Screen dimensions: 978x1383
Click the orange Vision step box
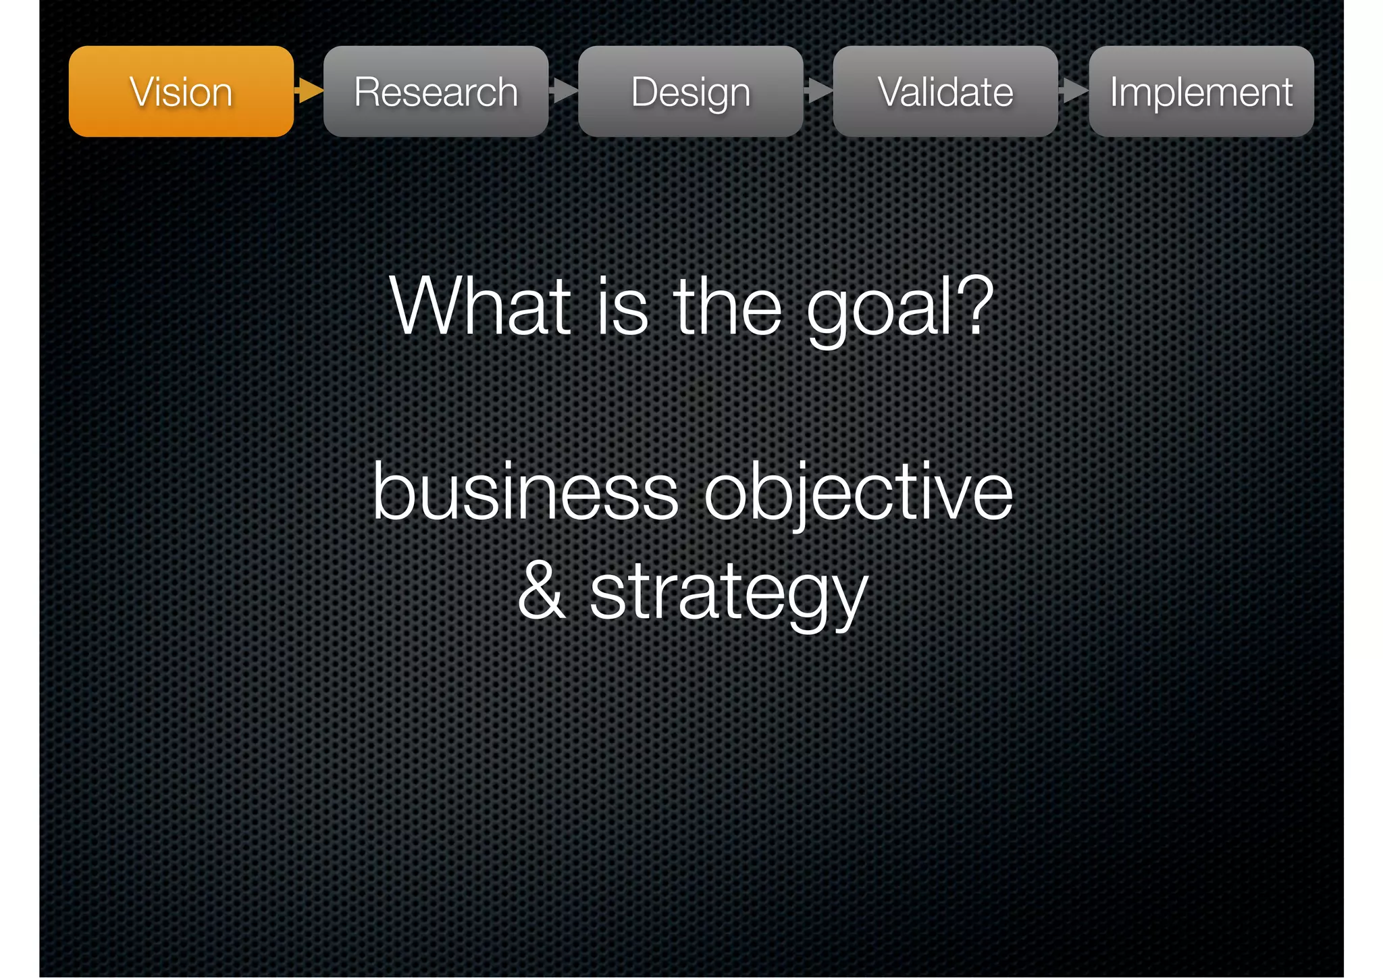(181, 91)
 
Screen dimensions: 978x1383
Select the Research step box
(436, 91)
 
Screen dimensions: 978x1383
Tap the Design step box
(690, 91)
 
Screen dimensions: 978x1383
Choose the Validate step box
(945, 91)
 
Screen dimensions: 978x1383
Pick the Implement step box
(1201, 91)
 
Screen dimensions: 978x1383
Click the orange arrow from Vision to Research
(309, 91)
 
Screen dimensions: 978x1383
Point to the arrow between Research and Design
(564, 91)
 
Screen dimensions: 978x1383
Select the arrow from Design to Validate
(818, 91)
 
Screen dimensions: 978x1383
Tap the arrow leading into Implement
(1074, 91)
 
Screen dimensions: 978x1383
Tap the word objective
(858, 493)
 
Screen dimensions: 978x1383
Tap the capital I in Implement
(1115, 91)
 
